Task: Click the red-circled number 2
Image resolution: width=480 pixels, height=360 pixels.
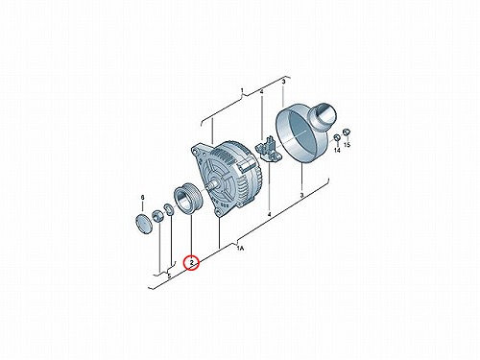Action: pyautogui.click(x=191, y=263)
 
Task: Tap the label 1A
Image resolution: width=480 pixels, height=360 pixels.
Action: pyautogui.click(x=240, y=248)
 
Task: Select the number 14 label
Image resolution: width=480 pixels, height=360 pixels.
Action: pyautogui.click(x=337, y=150)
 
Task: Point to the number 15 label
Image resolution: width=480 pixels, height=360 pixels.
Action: pyautogui.click(x=348, y=145)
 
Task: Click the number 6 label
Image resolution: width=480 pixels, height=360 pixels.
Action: pyautogui.click(x=143, y=197)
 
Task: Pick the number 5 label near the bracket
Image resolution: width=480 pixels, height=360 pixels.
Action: pyautogui.click(x=169, y=276)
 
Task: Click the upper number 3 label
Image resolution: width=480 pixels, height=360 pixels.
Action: pyautogui.click(x=283, y=82)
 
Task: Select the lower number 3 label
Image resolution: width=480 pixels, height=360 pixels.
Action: pyautogui.click(x=301, y=195)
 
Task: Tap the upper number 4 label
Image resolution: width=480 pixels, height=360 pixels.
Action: pyautogui.click(x=261, y=92)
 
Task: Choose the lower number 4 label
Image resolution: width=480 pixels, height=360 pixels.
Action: pyautogui.click(x=269, y=214)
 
